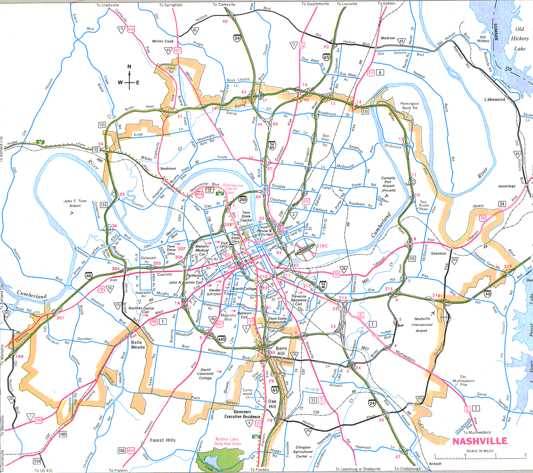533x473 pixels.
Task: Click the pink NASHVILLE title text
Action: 480,441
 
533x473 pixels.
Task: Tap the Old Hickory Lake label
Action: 519,39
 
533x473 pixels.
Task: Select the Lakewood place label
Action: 495,99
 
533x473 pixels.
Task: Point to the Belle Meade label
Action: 138,345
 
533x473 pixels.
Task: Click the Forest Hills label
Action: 162,440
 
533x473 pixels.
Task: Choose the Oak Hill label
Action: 272,404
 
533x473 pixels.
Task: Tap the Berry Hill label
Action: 281,351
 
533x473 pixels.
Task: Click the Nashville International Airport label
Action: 422,325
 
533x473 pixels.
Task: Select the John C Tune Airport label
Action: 75,203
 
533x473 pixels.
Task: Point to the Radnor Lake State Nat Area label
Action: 227,441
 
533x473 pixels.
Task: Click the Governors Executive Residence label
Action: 243,414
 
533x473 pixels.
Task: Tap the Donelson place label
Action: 439,254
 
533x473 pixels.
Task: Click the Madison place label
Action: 388,38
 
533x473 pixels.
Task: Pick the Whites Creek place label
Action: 163,41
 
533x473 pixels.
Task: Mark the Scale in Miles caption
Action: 480,451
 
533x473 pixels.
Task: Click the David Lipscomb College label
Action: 205,374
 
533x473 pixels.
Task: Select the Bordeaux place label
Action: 168,168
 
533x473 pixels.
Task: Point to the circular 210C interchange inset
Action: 306,248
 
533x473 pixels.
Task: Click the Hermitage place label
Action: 507,186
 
